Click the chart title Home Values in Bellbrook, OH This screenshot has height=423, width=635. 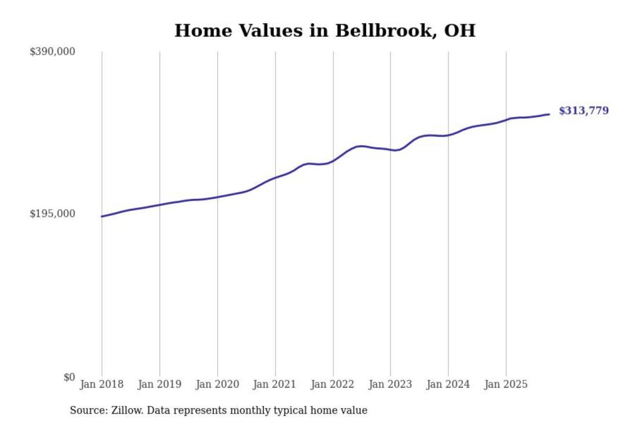click(325, 31)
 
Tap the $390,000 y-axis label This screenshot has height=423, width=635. click(52, 52)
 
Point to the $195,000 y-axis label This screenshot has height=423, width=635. click(52, 214)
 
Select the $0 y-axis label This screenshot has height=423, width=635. click(69, 377)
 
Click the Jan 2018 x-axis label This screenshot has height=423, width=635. click(102, 384)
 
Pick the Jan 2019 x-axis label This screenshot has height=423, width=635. click(160, 384)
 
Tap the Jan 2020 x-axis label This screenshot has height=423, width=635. click(217, 384)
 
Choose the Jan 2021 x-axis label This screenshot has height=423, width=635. click(275, 384)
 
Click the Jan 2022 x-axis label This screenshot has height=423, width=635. click(332, 384)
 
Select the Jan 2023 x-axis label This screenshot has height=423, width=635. click(390, 384)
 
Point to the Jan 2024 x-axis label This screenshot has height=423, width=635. click(448, 384)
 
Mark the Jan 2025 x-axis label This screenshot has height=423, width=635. click(506, 384)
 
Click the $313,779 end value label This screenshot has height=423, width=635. click(584, 111)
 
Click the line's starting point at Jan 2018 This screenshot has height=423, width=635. click(102, 216)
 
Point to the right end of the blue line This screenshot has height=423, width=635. click(549, 115)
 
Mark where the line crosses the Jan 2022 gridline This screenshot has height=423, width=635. click(333, 161)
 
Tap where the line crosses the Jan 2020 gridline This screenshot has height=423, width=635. click(217, 197)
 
